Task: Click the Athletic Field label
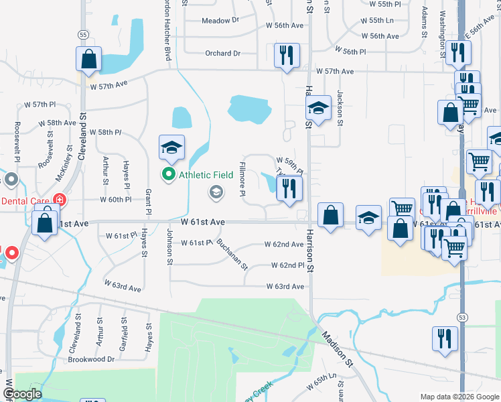(x=206, y=176)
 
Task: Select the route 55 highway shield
(x=82, y=34)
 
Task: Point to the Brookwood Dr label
(x=91, y=359)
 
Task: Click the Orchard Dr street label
(x=223, y=54)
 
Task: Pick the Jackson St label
(x=340, y=108)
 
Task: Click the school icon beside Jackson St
(x=318, y=109)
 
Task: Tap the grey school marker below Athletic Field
(x=216, y=194)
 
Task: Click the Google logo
(x=23, y=394)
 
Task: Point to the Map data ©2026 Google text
(x=459, y=397)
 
